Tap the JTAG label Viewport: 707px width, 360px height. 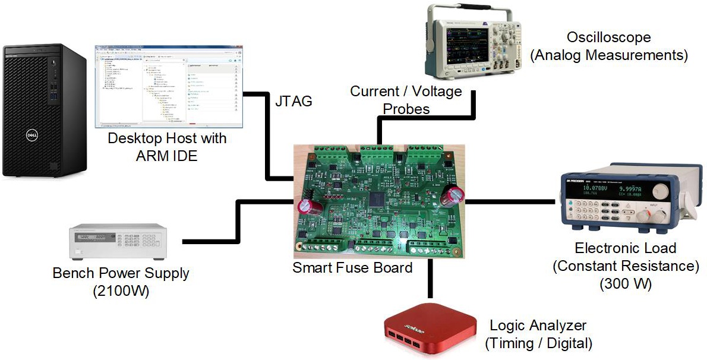[x=293, y=101]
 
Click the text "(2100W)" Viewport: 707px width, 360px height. [x=121, y=292]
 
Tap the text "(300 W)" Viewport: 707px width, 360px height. [x=626, y=284]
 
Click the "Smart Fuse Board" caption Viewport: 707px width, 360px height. [x=352, y=267]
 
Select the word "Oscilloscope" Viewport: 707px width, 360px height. [x=609, y=37]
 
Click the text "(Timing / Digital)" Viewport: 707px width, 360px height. [x=539, y=343]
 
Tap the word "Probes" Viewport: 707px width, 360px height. [x=406, y=109]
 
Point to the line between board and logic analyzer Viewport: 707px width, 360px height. [x=430, y=279]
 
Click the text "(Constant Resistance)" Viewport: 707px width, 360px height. [x=626, y=266]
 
